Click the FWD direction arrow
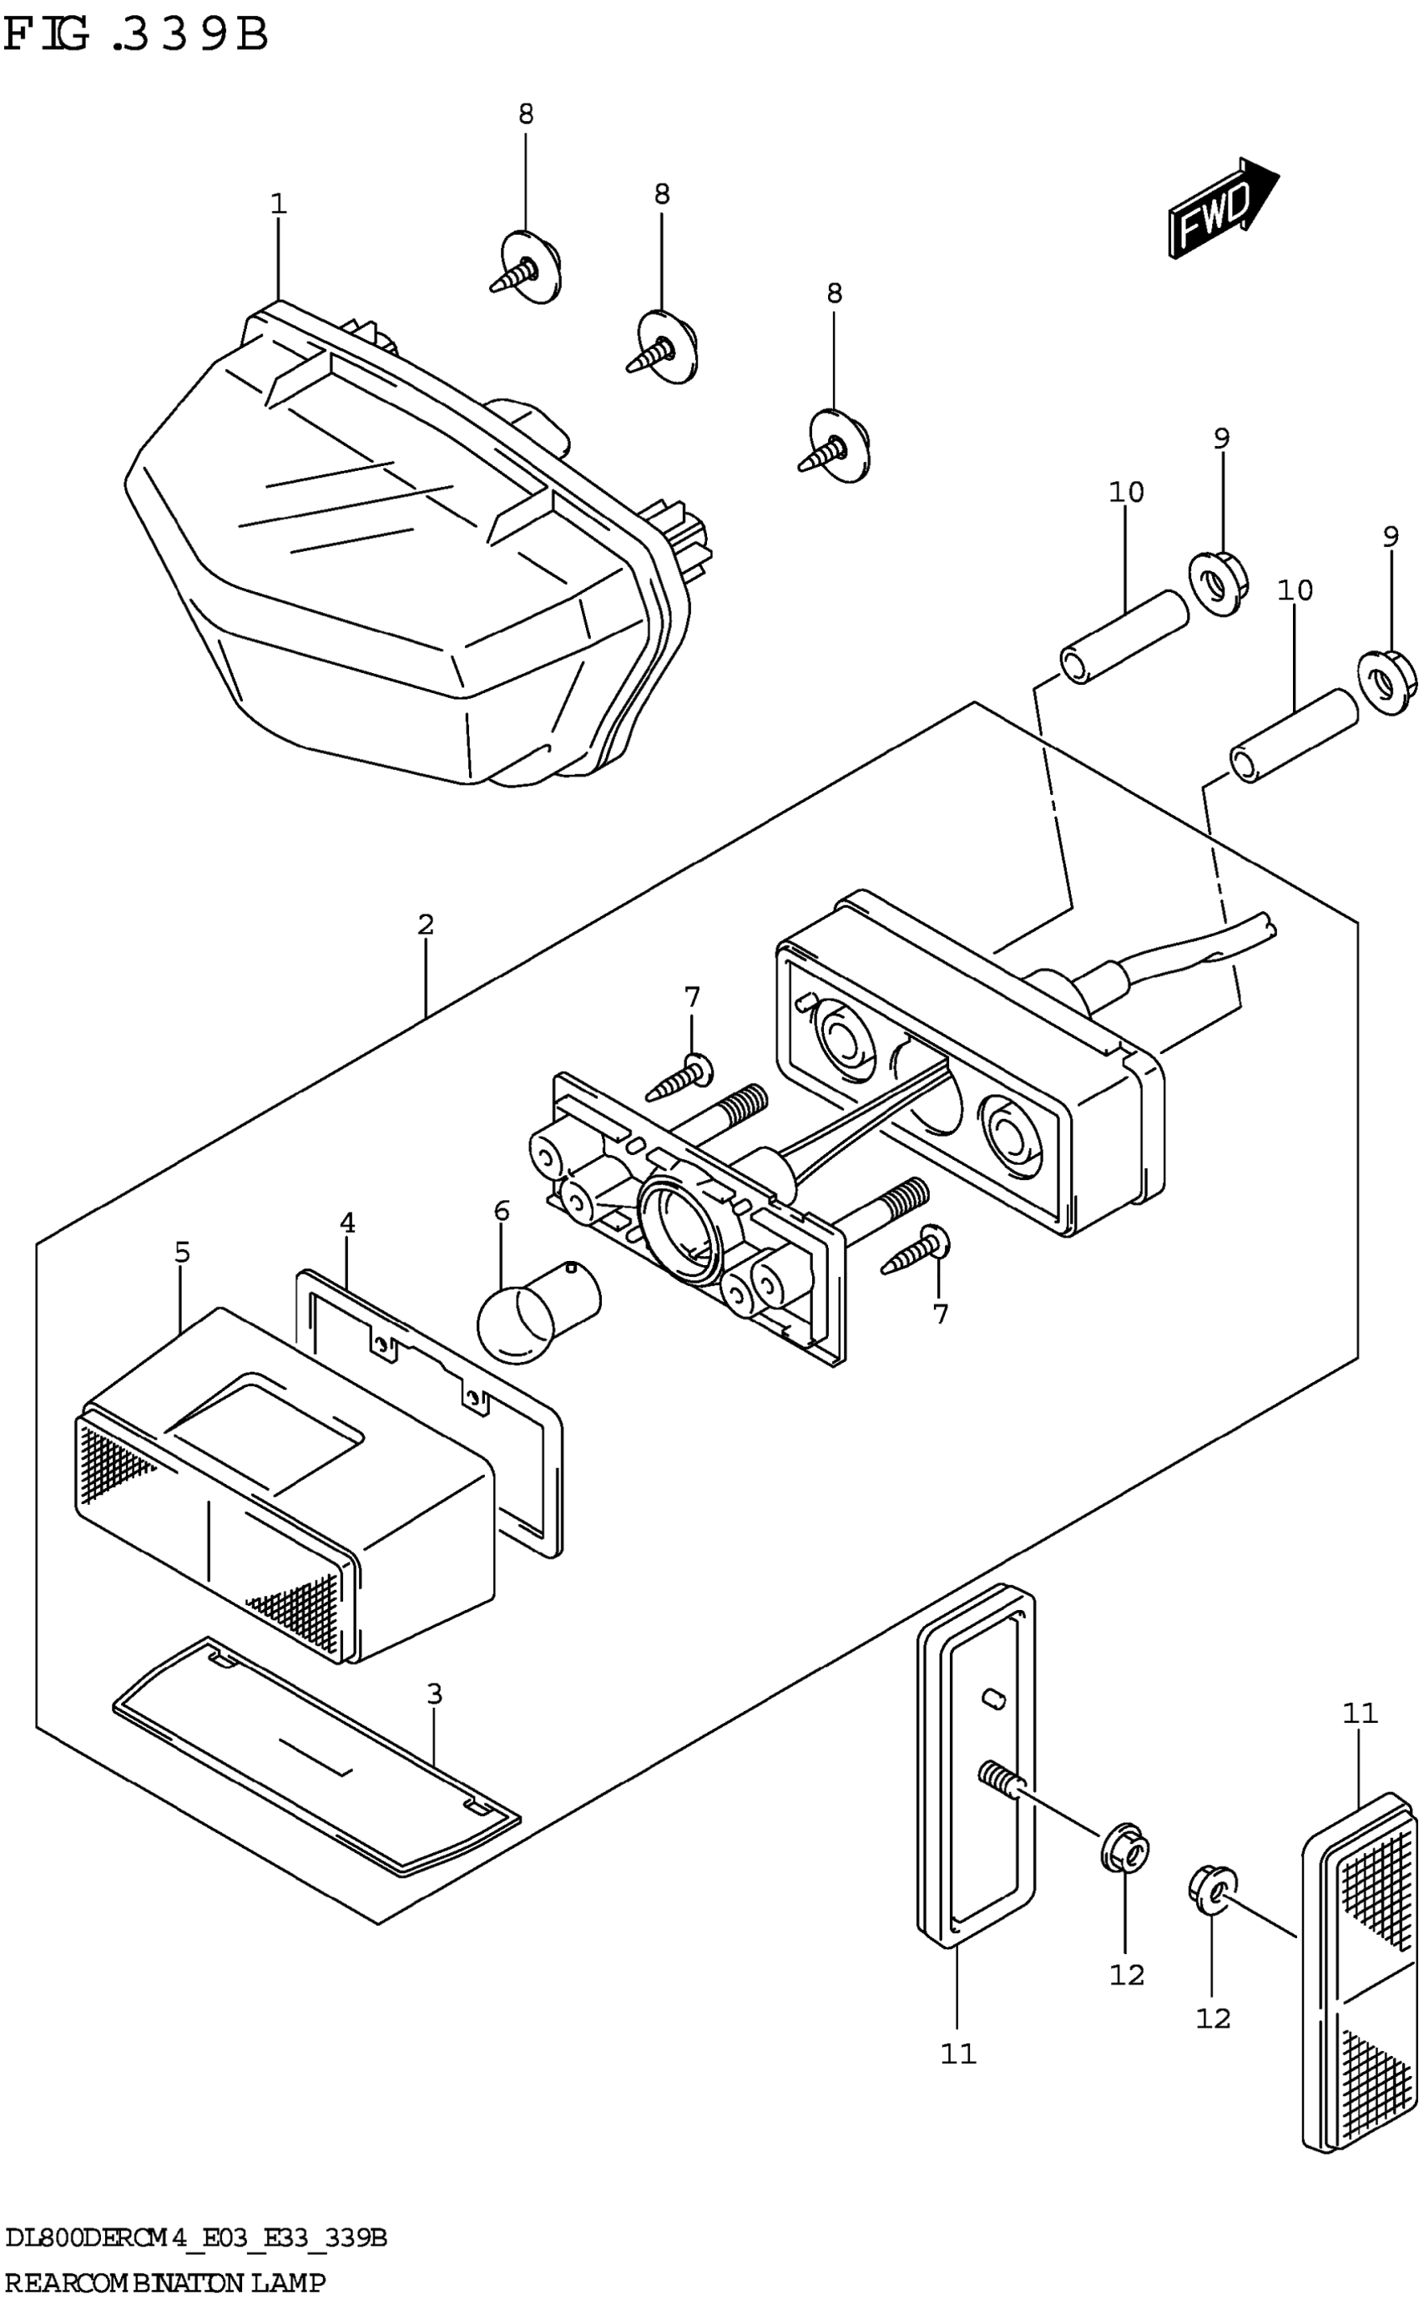pyautogui.click(x=1220, y=207)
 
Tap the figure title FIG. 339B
pyautogui.click(x=136, y=36)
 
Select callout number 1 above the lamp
pyautogui.click(x=278, y=204)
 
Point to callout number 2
pyautogui.click(x=425, y=924)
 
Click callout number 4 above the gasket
pyautogui.click(x=347, y=1223)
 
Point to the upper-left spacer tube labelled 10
pyautogui.click(x=1124, y=637)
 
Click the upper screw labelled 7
pyautogui.click(x=679, y=1078)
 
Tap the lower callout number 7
pyautogui.click(x=941, y=1314)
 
